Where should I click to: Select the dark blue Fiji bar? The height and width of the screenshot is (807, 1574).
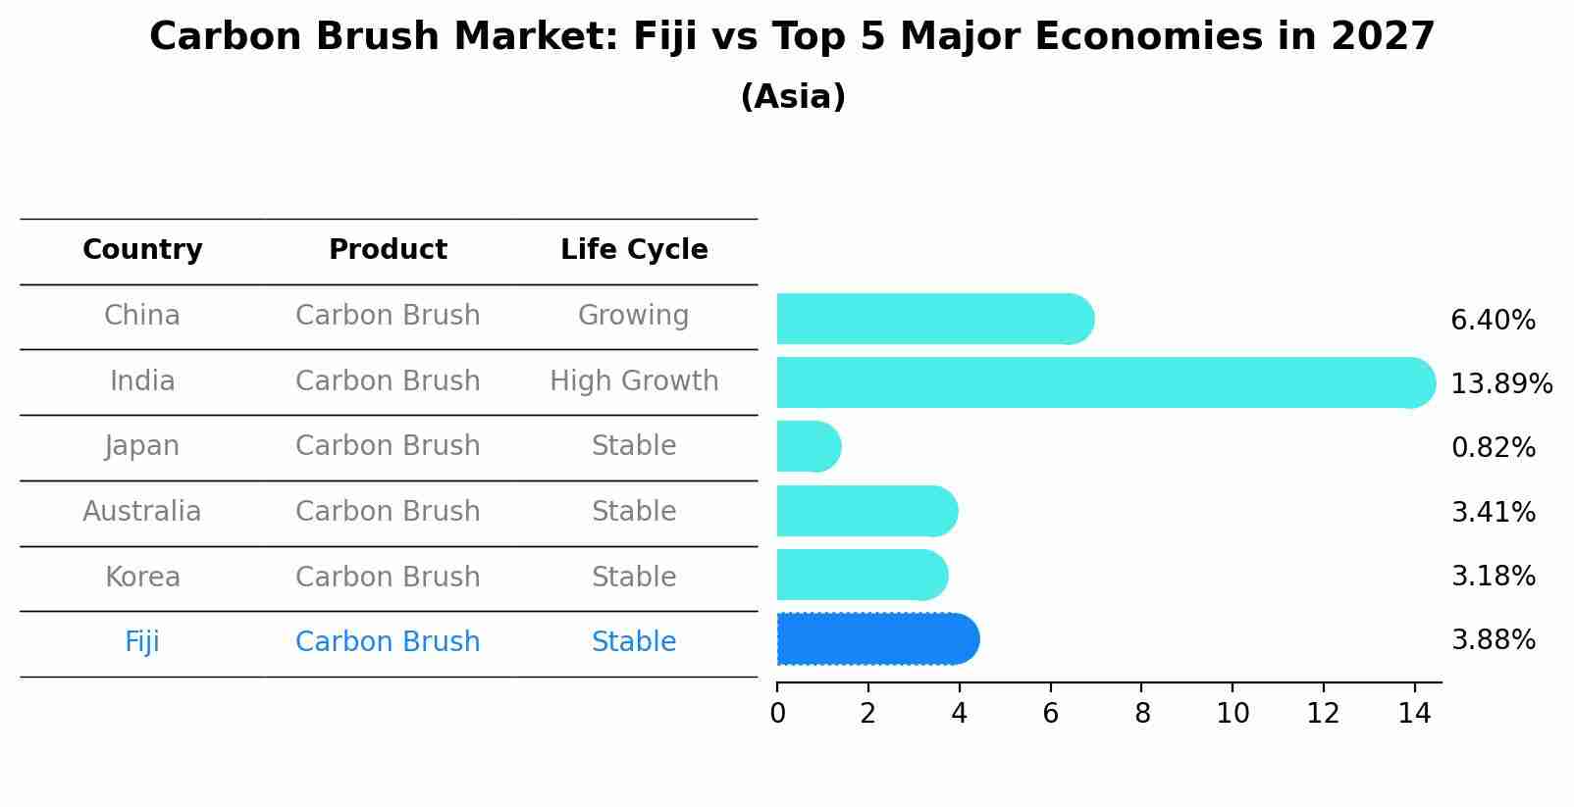coord(877,639)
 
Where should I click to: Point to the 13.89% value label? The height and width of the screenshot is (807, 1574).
coord(1500,383)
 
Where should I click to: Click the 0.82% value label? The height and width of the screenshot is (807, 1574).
coord(1493,448)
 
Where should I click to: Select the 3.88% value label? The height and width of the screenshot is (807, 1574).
coord(1493,640)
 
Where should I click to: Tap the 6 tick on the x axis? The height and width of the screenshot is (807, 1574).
coord(1050,713)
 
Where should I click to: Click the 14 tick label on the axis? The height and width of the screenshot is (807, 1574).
coord(1414,713)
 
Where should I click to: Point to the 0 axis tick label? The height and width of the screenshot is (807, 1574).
coord(777,713)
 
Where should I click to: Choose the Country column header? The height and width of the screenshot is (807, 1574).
coord(142,250)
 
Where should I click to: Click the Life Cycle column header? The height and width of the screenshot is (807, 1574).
coord(634,250)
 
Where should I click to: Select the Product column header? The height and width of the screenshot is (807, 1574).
coord(388,250)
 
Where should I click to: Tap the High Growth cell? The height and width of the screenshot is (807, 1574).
coord(634,381)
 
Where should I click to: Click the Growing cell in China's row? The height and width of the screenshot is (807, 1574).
coord(633,316)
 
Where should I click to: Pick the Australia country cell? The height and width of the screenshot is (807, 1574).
coord(142,512)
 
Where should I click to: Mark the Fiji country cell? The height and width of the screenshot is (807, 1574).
coord(142,642)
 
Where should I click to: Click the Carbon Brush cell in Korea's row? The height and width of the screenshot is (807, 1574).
coord(388,577)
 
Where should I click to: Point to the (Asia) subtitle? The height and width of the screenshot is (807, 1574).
coord(793,97)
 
